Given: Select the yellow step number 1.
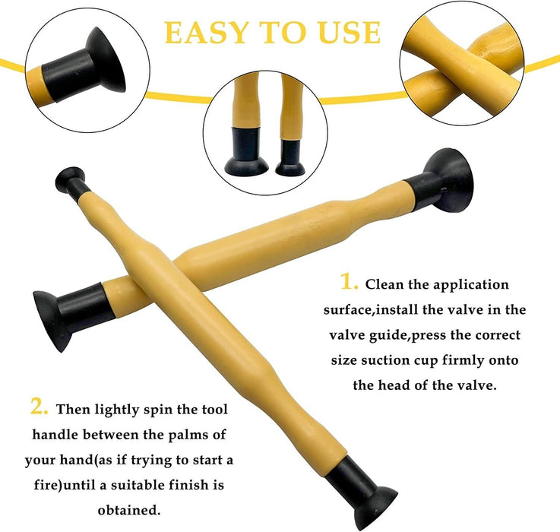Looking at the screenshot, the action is coord(349,281).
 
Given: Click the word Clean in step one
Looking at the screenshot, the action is coord(384,284).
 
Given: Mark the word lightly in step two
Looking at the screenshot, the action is coord(116,410).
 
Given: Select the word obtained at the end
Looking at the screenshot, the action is coord(129,510).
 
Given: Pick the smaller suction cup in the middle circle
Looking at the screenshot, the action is coord(290,158).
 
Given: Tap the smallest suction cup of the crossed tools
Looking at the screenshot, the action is coord(71,182).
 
